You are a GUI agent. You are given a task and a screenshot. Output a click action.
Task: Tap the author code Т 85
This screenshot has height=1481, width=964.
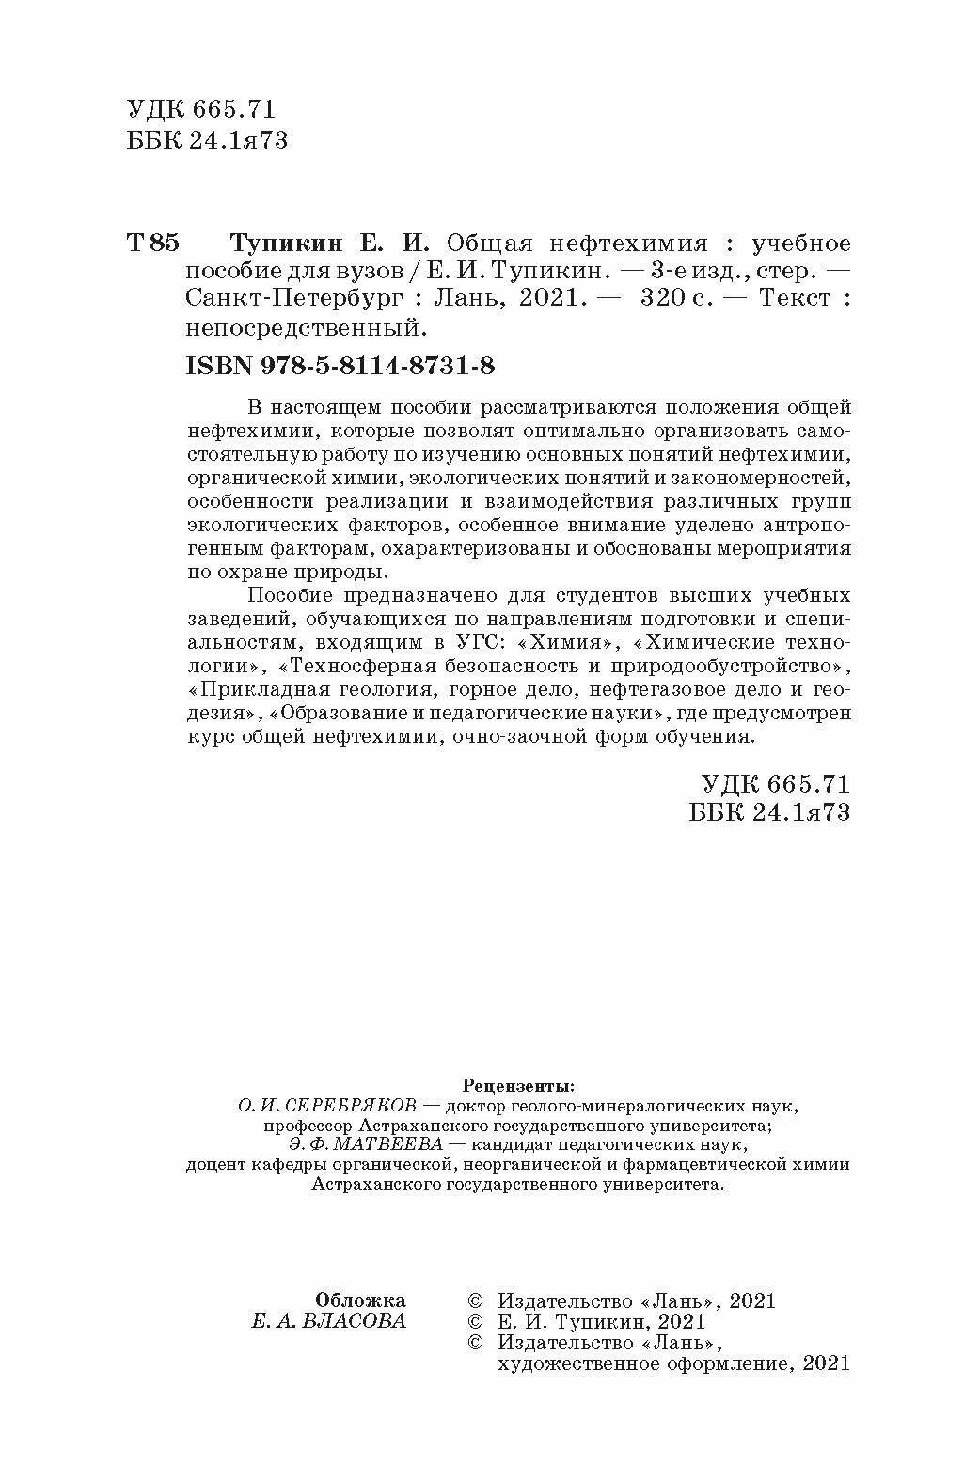pyautogui.click(x=150, y=244)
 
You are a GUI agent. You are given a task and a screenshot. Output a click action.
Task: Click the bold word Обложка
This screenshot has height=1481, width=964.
pyautogui.click(x=361, y=1300)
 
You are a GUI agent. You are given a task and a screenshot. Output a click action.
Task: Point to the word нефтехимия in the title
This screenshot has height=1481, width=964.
pyautogui.click(x=630, y=244)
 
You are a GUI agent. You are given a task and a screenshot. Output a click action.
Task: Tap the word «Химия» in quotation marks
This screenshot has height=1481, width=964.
pyautogui.click(x=573, y=643)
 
